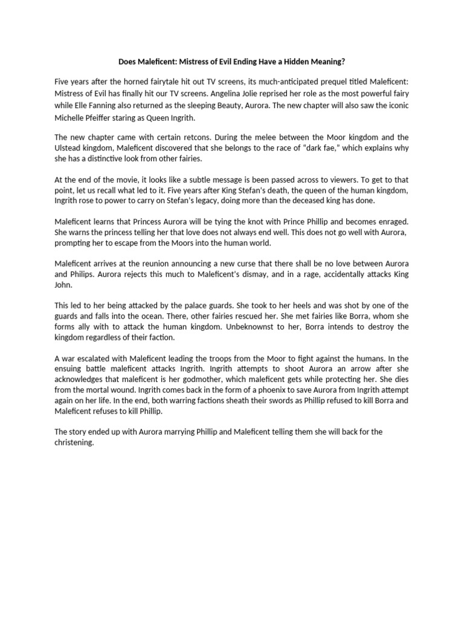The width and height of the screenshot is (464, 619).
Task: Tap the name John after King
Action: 63,286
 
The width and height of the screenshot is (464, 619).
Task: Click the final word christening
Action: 74,442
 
